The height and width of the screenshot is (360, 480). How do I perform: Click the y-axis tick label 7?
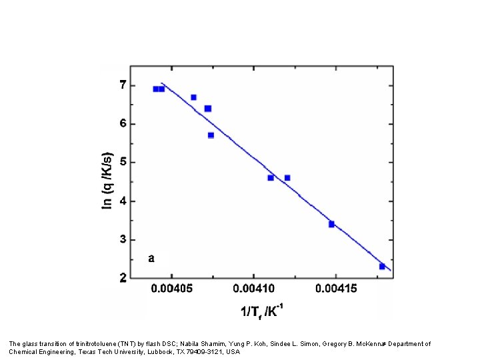(x=123, y=85)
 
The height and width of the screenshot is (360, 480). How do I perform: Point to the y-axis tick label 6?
(x=123, y=123)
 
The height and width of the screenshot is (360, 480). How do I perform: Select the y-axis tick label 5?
(x=123, y=162)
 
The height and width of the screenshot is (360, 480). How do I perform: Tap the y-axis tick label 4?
(x=123, y=201)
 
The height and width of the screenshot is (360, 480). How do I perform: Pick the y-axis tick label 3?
(x=123, y=239)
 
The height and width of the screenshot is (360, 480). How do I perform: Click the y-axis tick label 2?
(x=123, y=278)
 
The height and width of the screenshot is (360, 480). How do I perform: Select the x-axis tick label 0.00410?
(x=253, y=288)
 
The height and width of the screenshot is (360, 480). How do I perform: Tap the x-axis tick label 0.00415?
(x=335, y=288)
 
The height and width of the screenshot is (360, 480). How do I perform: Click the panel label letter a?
(x=151, y=257)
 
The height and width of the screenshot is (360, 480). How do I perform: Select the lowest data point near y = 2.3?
(x=382, y=266)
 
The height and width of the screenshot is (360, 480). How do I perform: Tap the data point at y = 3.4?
(x=331, y=224)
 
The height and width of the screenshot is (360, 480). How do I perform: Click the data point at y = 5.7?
(x=211, y=135)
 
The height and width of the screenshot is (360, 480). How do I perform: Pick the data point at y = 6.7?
(x=193, y=97)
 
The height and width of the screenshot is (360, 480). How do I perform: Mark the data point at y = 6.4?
(x=207, y=108)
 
